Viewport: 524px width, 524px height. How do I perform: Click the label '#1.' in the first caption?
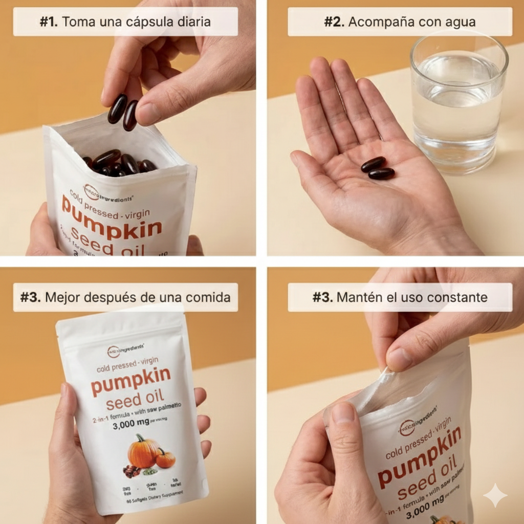pyautogui.click(x=49, y=22)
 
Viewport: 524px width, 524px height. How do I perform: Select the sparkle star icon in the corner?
pyautogui.click(x=495, y=495)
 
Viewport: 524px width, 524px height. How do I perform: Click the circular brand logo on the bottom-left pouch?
pyautogui.click(x=113, y=352)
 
